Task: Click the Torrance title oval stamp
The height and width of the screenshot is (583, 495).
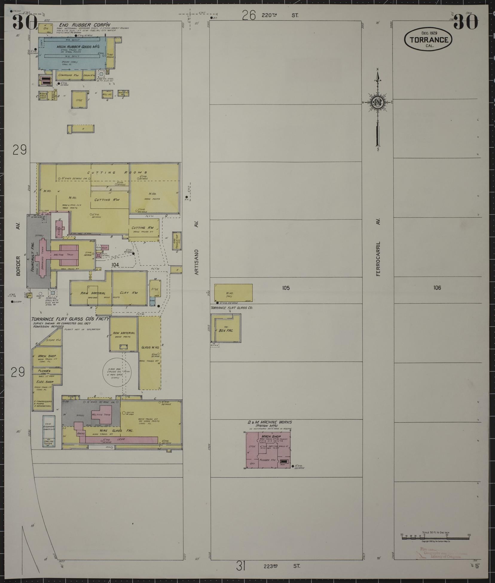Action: click(428, 39)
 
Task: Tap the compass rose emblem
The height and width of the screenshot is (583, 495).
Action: click(378, 102)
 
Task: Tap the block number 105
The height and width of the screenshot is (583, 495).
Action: click(286, 288)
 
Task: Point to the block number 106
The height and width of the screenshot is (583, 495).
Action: click(437, 288)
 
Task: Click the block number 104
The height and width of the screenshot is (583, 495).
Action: click(115, 264)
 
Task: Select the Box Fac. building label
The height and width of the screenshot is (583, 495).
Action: click(226, 331)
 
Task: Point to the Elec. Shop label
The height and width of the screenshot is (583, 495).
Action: click(45, 382)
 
